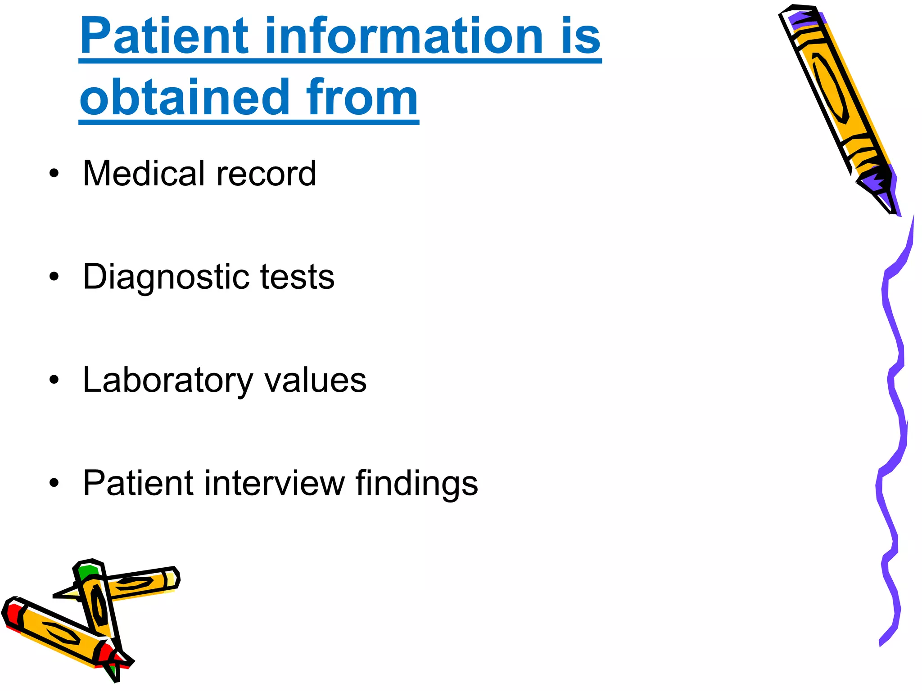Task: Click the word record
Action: (266, 174)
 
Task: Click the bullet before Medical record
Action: (54, 174)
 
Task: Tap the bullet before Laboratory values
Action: (54, 381)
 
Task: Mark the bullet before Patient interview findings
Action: (54, 484)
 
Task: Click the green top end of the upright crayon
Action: (86, 571)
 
